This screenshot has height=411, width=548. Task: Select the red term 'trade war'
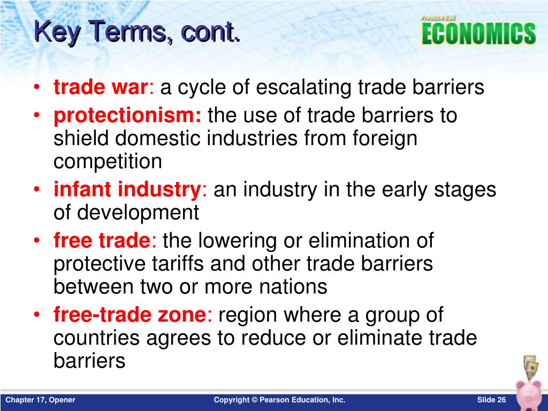pyautogui.click(x=100, y=87)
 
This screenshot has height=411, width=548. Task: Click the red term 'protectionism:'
pyautogui.click(x=127, y=115)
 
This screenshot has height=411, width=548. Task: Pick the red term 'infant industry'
pyautogui.click(x=126, y=189)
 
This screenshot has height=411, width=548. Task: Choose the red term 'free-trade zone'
pyautogui.click(x=130, y=315)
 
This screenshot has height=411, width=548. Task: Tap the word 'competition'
pyautogui.click(x=107, y=162)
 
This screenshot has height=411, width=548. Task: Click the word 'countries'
pyautogui.click(x=98, y=338)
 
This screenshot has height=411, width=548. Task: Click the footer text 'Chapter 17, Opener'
pyautogui.click(x=40, y=400)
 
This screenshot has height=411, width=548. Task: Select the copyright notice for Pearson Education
pyautogui.click(x=279, y=400)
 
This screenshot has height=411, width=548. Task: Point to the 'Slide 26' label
pyautogui.click(x=491, y=400)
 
